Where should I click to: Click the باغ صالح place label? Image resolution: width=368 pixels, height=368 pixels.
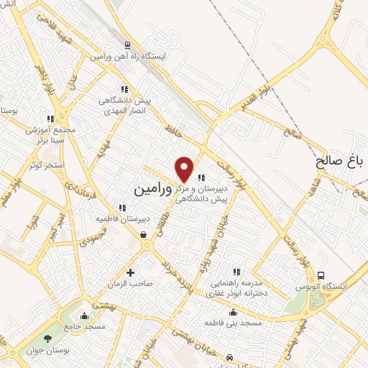click(x=341, y=162)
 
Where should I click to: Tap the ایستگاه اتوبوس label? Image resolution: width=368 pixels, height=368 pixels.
click(x=339, y=286)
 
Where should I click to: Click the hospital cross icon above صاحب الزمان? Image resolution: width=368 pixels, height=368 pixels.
click(x=130, y=272)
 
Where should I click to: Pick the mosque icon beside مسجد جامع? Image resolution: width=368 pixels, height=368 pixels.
click(x=86, y=316)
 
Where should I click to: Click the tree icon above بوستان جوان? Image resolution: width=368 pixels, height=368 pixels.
click(x=48, y=339)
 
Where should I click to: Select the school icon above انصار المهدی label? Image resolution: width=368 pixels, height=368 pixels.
click(x=124, y=89)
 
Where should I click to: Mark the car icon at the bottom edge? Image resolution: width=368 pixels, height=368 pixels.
click(x=229, y=357)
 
